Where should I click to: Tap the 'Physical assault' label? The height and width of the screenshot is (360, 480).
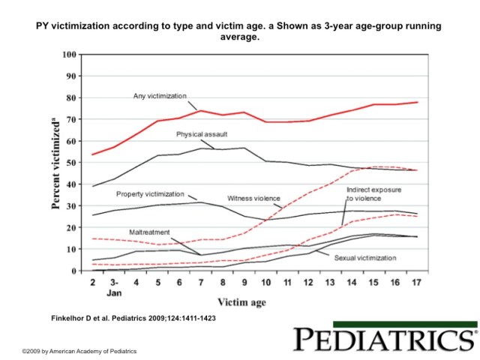202,135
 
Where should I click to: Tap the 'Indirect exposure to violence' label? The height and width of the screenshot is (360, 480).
370,196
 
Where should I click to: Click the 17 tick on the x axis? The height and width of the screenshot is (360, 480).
415,282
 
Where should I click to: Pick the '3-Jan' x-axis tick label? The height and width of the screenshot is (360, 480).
113,286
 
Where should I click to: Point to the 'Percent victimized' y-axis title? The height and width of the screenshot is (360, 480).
55,162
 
